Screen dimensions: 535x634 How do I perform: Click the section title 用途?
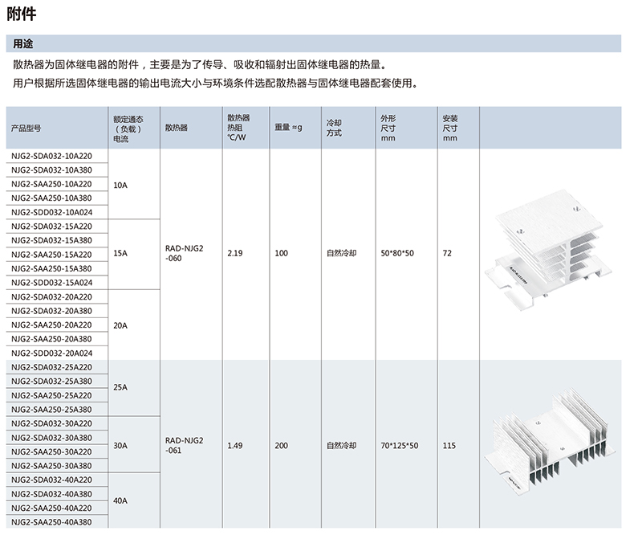[23, 43]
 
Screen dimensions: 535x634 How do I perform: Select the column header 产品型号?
[26, 127]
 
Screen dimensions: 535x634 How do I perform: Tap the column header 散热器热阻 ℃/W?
[238, 127]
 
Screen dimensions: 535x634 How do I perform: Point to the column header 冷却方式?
[334, 127]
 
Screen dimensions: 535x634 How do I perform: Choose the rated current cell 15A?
[120, 254]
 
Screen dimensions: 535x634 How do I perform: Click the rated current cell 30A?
[120, 444]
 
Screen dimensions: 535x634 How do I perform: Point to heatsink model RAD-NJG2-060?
[185, 254]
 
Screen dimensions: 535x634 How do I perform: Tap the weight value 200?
[282, 444]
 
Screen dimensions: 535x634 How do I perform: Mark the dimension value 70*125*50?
[400, 444]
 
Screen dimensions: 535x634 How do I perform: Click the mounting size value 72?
[447, 254]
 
